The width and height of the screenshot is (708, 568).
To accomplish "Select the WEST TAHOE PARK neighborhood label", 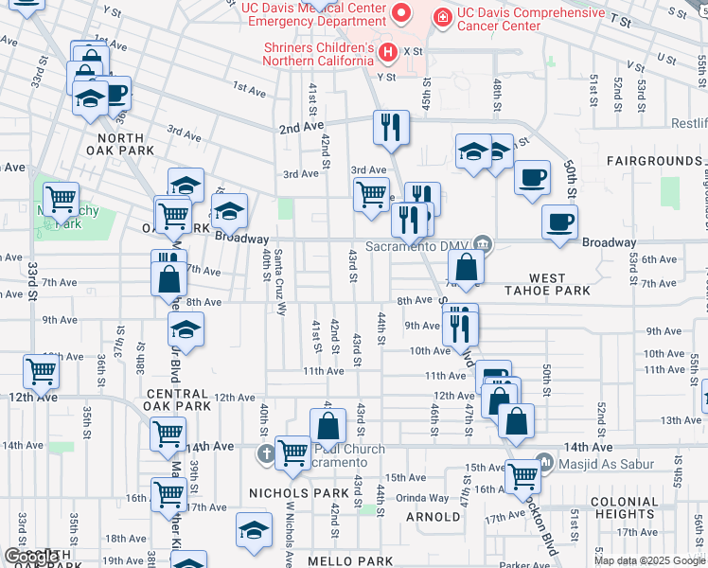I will [547, 285].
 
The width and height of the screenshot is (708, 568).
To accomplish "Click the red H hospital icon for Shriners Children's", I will [386, 51].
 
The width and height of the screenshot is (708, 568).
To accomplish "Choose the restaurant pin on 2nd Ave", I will [391, 127].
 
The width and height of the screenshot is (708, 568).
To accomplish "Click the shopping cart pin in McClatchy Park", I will [61, 200].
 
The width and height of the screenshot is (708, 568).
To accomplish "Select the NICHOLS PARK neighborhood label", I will [298, 493].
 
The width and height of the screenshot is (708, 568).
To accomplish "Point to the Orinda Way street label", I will [422, 497].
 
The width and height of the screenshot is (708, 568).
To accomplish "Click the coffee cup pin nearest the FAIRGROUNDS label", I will [533, 176].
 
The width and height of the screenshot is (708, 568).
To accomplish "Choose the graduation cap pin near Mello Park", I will [254, 529].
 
